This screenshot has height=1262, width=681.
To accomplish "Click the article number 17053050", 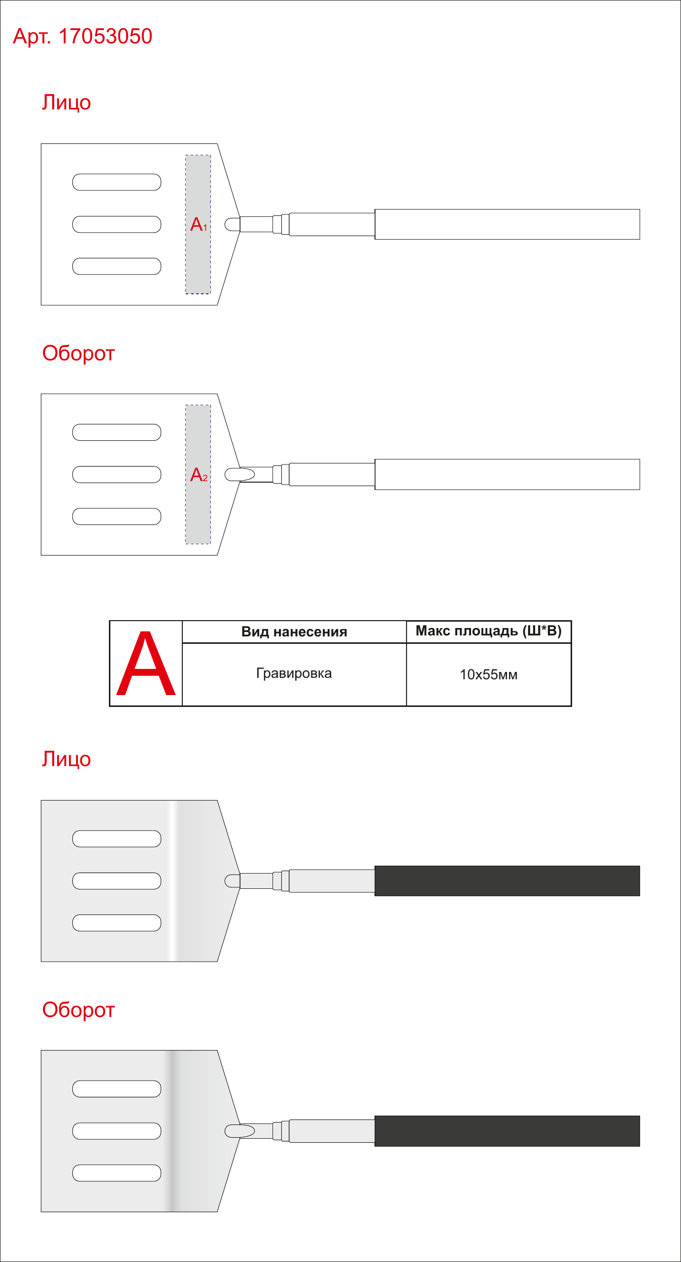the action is click(x=105, y=36).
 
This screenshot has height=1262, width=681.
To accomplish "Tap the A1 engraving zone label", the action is click(x=199, y=224).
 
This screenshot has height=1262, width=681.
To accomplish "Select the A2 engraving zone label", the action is click(x=199, y=475).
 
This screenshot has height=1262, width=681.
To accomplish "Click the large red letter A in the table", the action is click(x=146, y=664).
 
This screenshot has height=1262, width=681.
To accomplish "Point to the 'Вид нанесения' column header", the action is click(x=294, y=632).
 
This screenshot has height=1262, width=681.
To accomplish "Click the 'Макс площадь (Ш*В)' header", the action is click(x=489, y=631).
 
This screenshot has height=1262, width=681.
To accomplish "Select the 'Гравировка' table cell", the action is click(x=294, y=673).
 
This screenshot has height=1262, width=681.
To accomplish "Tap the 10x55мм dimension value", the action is click(x=489, y=674).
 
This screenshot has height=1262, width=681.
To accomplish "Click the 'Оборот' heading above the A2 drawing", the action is click(x=78, y=353).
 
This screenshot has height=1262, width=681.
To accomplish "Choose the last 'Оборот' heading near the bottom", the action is click(x=78, y=1010).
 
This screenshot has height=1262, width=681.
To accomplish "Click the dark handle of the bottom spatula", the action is click(x=507, y=1131).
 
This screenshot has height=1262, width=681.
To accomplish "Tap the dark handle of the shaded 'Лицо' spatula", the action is click(x=507, y=881).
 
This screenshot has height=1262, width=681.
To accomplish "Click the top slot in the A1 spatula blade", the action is click(x=117, y=182).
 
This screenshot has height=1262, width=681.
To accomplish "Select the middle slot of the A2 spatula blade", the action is click(x=117, y=474).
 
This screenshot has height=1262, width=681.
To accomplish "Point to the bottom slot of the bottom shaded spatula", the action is click(x=117, y=1173).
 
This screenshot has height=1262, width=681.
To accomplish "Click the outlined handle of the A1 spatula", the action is click(x=507, y=224).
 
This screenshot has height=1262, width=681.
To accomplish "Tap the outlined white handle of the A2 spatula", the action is click(x=507, y=474).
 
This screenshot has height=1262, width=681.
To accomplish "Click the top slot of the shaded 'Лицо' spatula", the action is click(x=117, y=839).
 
